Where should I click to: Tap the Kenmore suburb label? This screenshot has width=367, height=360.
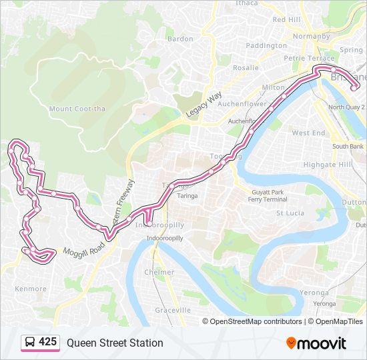coord(31,289)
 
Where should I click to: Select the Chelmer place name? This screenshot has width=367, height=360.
coord(159,272)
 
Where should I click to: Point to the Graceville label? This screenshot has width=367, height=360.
coord(173,310)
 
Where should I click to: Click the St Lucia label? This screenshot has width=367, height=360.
coord(290,213)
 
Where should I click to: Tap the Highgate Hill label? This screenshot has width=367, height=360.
coord(327,164)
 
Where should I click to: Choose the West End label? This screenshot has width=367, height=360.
coord(309,133)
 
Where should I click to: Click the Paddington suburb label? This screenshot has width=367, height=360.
coord(266,45)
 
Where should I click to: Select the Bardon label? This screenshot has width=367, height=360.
coord(180,39)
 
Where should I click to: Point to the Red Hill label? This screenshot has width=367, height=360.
coord(286,20)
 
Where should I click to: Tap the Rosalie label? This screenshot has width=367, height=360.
coord(246,67)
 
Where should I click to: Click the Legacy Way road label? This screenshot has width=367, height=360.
coord(204,105)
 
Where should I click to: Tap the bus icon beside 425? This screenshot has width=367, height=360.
coord(30,343)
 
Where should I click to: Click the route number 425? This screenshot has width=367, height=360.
coord(47,342)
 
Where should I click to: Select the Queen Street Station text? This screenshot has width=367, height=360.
coord(114,343)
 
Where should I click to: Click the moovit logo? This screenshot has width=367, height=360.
coord(316,343)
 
